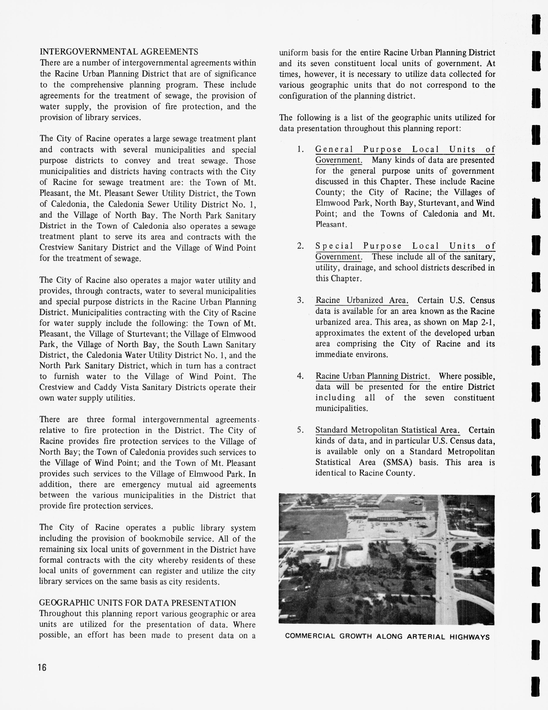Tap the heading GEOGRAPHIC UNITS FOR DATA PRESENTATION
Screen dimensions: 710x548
[x=137, y=603]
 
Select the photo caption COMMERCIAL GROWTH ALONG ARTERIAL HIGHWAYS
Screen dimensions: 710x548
[x=387, y=637]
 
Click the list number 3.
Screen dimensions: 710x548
[x=300, y=300]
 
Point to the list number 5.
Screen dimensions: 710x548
[x=300, y=430]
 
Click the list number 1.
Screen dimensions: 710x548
[x=300, y=150]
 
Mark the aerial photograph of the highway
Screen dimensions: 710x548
[x=386, y=559]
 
